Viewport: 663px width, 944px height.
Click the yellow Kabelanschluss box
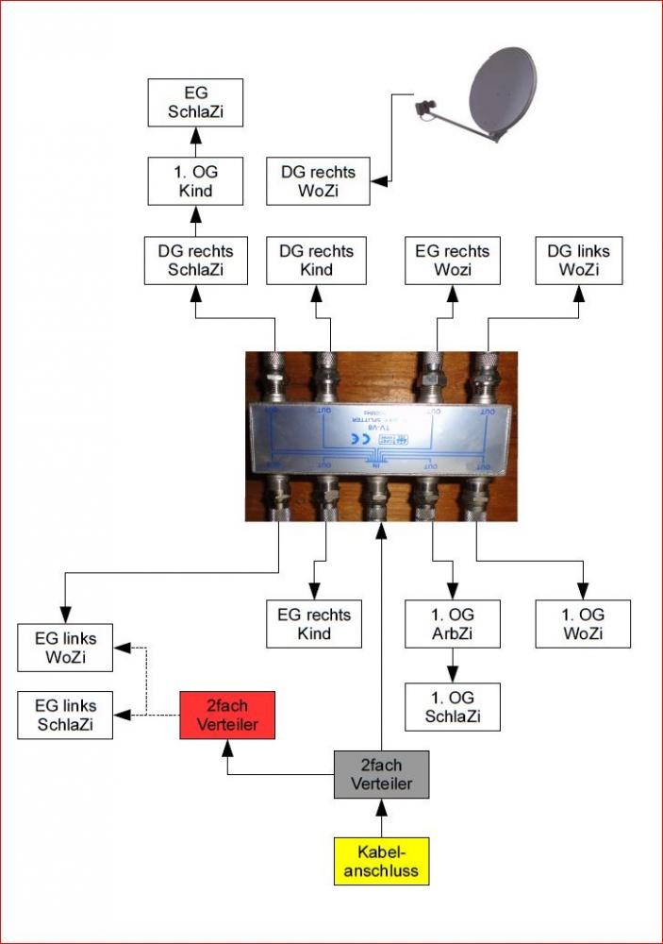(381, 861)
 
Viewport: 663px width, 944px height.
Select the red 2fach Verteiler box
(227, 716)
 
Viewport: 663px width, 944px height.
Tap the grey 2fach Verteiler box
(381, 774)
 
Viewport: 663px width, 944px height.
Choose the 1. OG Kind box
(196, 181)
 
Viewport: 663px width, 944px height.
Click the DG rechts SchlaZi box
(196, 261)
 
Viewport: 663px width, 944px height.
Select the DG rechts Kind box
(318, 261)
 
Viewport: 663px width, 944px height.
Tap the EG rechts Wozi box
(454, 261)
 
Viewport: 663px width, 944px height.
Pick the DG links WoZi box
(579, 261)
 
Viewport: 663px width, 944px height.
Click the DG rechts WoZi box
(318, 181)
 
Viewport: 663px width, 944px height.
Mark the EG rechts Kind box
(314, 624)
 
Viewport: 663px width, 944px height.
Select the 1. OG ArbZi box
(452, 624)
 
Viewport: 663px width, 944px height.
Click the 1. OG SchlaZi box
(452, 707)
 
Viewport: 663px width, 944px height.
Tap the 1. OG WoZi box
(583, 624)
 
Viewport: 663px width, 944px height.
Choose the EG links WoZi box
(65, 647)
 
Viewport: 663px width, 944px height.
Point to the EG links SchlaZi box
(65, 715)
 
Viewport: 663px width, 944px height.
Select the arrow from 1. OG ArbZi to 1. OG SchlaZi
(452, 666)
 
